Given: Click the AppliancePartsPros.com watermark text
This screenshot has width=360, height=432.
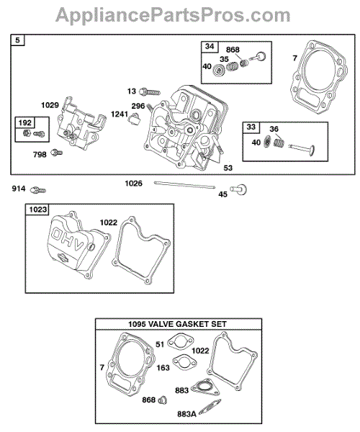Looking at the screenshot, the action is [173, 15].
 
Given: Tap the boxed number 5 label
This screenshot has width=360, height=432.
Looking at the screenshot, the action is [17, 40].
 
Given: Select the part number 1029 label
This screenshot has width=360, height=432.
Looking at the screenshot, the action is [50, 105].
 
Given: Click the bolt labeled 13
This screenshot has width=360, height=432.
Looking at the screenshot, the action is [150, 91].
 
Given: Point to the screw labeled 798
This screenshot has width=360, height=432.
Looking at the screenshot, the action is [56, 153].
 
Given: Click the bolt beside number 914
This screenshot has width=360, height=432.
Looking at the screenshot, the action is [38, 190].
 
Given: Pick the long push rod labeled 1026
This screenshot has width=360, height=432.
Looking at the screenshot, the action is [184, 185].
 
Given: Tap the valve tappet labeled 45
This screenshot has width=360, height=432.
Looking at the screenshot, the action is [239, 189].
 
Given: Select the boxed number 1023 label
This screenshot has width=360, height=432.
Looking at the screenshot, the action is [38, 210].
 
